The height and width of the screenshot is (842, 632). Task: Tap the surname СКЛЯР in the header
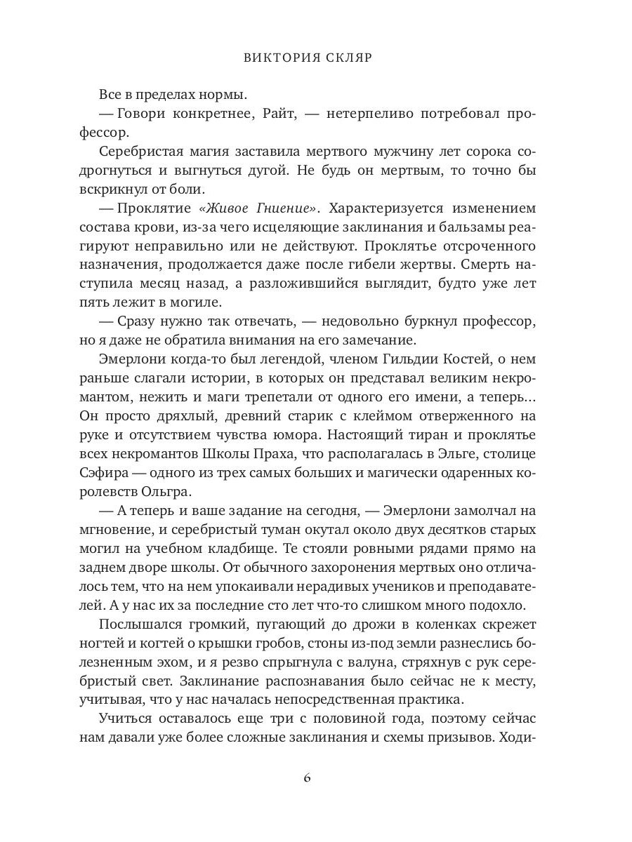coord(350,57)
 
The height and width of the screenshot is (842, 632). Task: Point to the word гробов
coord(308,644)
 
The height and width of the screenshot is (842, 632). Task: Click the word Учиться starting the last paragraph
coord(125,726)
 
